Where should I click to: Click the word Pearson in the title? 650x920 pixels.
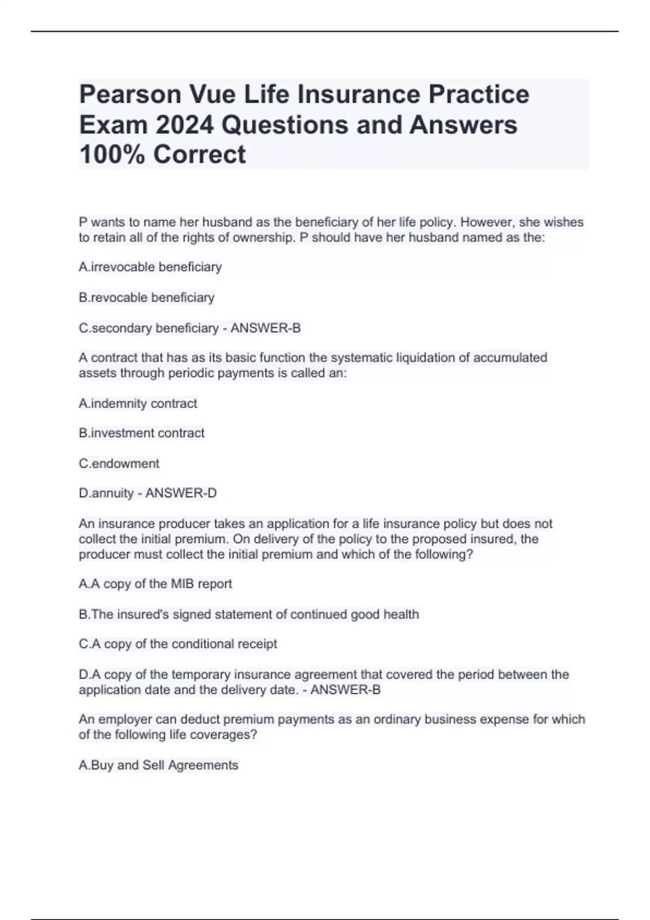(x=130, y=94)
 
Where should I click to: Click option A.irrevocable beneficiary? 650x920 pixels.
(x=150, y=267)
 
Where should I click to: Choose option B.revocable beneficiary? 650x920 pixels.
(x=146, y=297)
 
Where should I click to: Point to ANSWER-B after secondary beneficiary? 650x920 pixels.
(x=265, y=328)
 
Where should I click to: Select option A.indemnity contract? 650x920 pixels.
(x=138, y=403)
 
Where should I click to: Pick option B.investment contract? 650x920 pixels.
(x=141, y=433)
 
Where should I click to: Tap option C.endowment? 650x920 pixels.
(x=119, y=463)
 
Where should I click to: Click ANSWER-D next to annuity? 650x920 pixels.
(x=181, y=493)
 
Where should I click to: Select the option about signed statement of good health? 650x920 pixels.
(x=249, y=614)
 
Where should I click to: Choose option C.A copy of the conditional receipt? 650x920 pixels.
(x=178, y=644)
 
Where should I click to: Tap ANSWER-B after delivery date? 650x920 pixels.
(x=346, y=690)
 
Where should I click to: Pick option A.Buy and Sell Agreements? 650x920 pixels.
(x=158, y=765)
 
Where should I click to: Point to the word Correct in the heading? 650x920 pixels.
(x=199, y=154)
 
